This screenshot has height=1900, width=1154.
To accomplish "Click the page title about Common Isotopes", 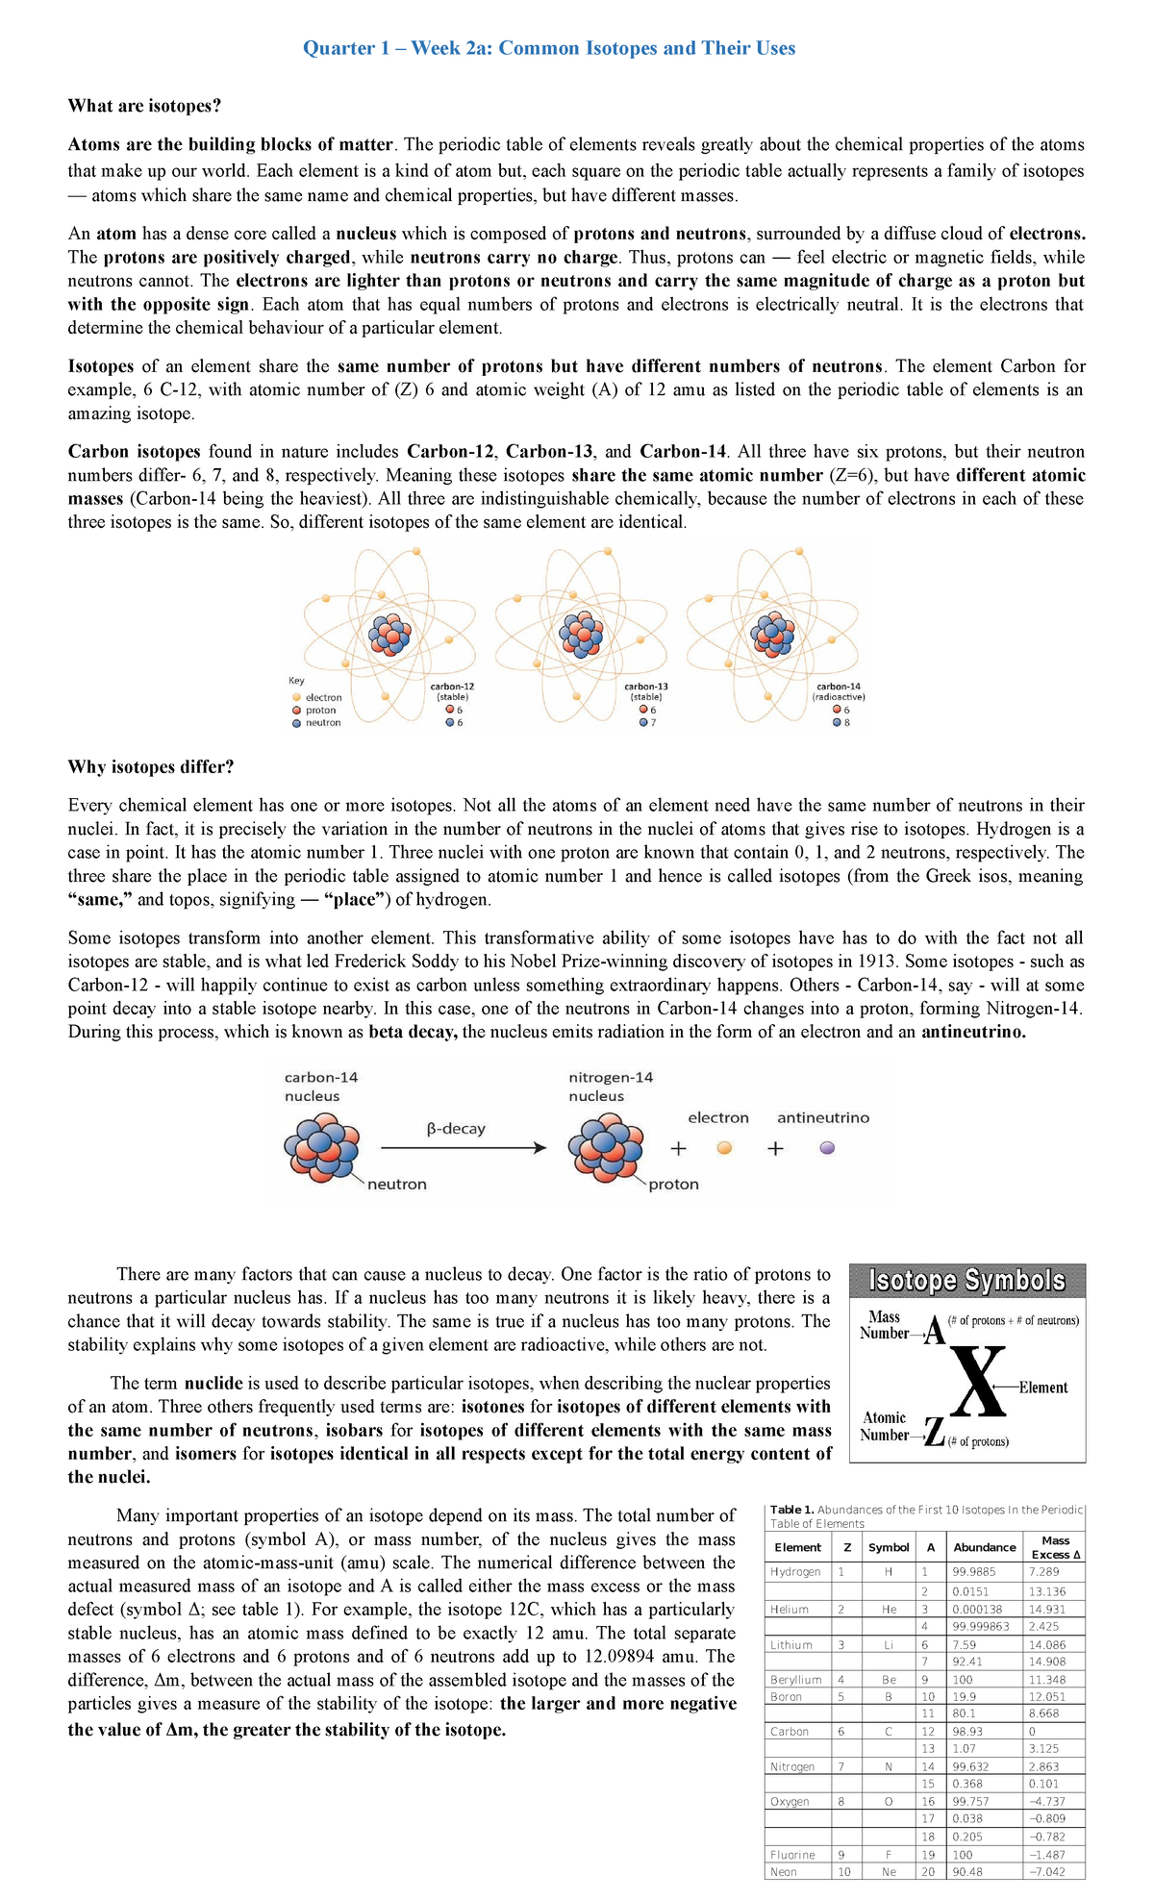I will [x=549, y=48].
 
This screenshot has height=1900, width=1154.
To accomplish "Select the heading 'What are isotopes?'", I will [x=144, y=106].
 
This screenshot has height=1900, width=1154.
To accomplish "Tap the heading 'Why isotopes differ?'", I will [x=151, y=766].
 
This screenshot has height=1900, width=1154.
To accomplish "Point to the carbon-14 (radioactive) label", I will [x=839, y=690].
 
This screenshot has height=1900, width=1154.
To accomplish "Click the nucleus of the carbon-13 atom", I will [x=582, y=634].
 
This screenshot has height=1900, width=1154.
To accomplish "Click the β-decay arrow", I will [x=464, y=1147].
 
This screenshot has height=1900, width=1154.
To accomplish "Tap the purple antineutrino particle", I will [x=827, y=1147].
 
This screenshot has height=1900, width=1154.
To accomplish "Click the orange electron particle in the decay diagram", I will [x=725, y=1147].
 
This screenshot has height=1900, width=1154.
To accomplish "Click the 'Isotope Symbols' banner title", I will [x=966, y=1281].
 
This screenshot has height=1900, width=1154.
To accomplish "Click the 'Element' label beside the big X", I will [x=1043, y=1387].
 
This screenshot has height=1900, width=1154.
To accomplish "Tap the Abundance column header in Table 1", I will [x=984, y=1547].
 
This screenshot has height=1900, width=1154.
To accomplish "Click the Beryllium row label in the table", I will [x=795, y=1679].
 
